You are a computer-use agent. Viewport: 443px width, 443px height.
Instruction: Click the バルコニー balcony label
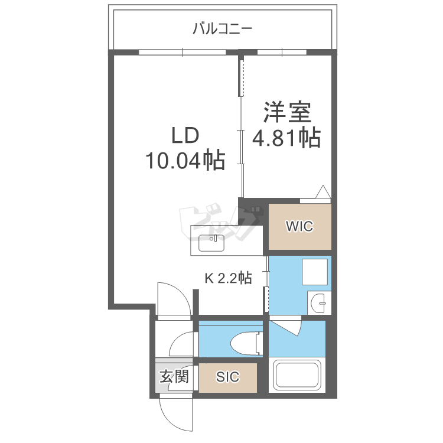(222, 28)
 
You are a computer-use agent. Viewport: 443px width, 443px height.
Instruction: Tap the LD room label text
(185, 135)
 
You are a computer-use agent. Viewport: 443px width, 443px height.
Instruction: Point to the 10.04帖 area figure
(185, 160)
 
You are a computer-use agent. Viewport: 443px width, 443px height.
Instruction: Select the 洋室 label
(287, 112)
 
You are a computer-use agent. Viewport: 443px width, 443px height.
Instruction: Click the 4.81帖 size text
(286, 138)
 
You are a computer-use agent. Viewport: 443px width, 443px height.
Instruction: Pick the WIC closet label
(299, 226)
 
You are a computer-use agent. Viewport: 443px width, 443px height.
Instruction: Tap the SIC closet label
(228, 377)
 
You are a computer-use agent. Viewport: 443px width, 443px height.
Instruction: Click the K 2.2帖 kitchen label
(228, 278)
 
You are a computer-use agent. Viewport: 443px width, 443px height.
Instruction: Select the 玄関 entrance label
(174, 376)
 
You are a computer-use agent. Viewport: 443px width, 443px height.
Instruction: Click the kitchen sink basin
(211, 243)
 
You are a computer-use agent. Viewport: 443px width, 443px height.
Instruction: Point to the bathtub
(297, 375)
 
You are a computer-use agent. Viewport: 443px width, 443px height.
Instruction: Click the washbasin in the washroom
(318, 303)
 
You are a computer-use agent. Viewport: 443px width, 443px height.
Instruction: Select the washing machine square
(315, 272)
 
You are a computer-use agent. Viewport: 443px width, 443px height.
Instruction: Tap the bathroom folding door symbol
(286, 326)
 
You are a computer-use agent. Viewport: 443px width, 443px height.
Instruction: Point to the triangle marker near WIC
(323, 192)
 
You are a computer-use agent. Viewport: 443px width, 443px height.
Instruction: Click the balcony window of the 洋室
(282, 52)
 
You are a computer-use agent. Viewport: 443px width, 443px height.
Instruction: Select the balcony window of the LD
(183, 52)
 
